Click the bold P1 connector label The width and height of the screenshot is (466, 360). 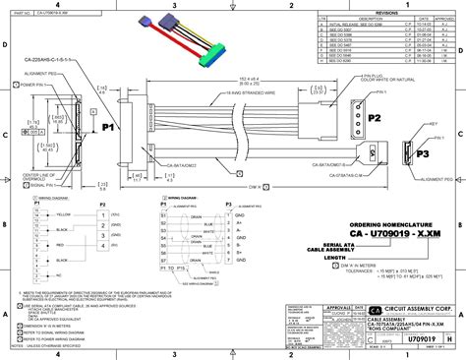(109, 127)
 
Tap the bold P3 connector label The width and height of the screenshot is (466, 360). (424, 153)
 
